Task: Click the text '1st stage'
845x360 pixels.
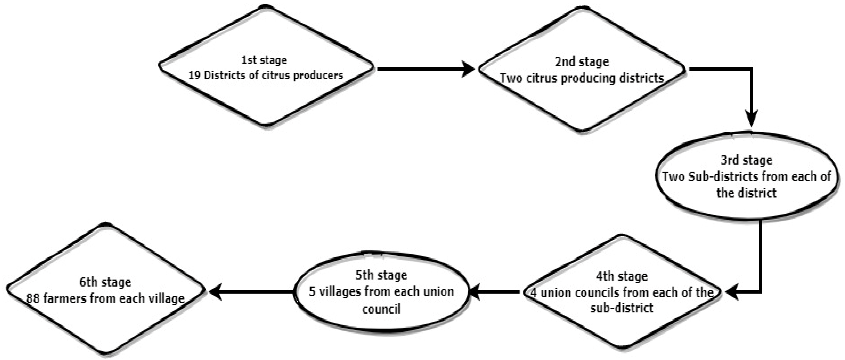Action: point(264,60)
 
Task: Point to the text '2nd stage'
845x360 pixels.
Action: point(582,62)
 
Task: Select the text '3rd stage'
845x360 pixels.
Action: point(746,160)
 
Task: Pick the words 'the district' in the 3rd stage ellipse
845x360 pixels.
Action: point(746,193)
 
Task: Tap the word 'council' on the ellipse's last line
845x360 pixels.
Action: point(381,309)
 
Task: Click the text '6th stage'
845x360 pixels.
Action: point(105,282)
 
